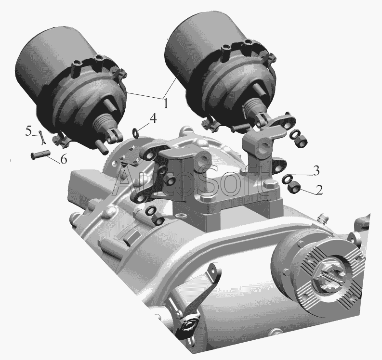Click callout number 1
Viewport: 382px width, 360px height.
(165, 103)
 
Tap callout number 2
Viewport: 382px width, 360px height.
(319, 190)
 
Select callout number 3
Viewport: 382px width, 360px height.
(316, 171)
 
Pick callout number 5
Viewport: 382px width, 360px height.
(28, 132)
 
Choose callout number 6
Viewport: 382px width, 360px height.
(63, 159)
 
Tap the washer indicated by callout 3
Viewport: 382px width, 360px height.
(287, 179)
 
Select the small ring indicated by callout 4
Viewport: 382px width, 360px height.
(135, 132)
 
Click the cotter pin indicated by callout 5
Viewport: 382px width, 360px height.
(42, 137)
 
